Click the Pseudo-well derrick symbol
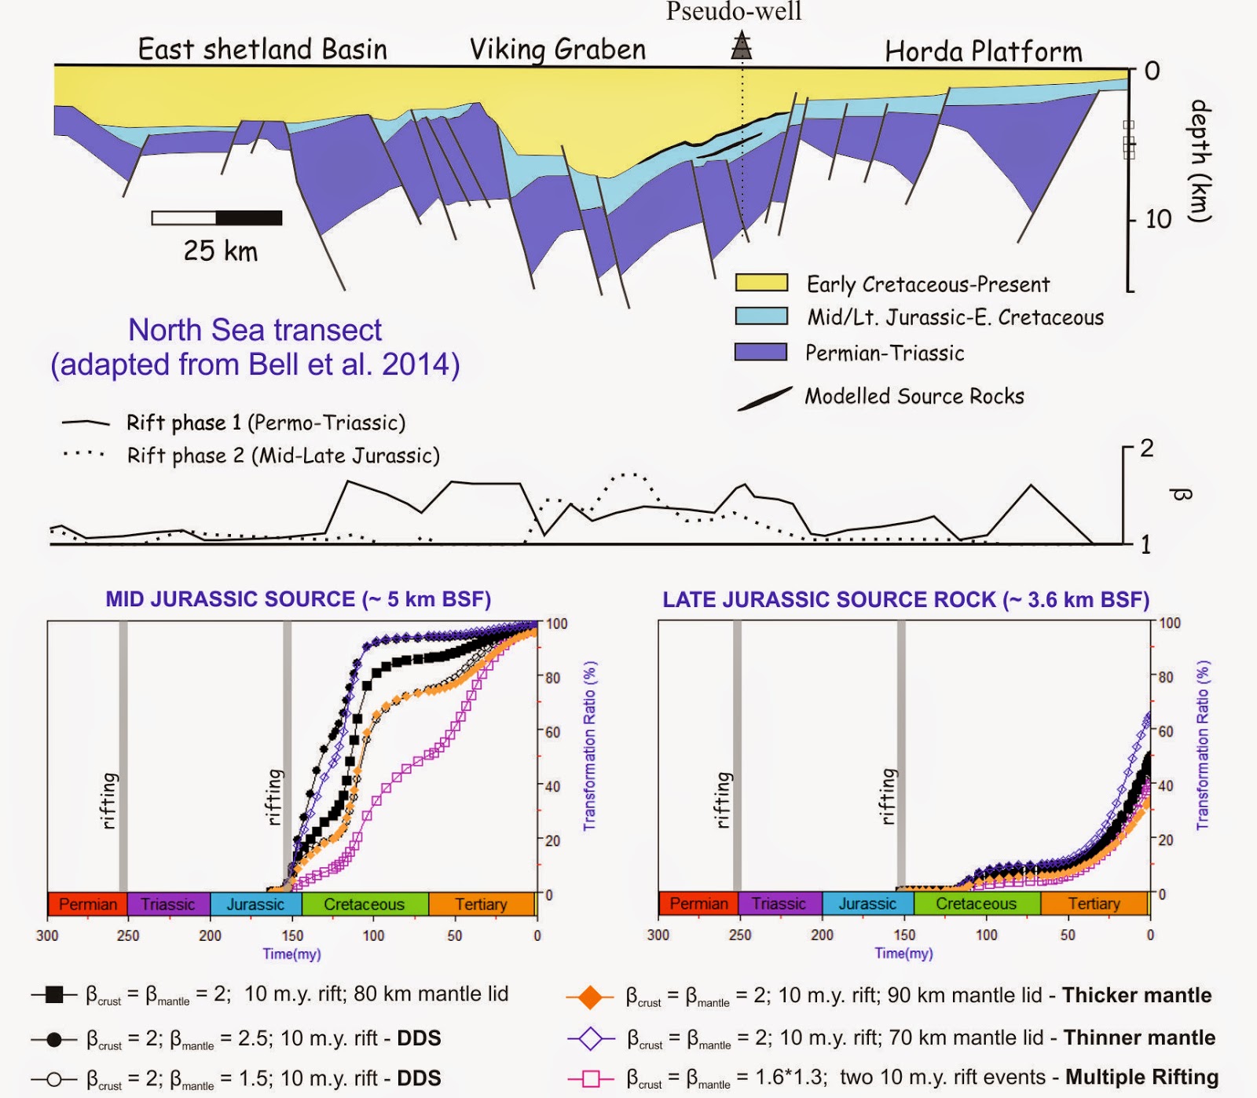741,46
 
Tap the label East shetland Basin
262,49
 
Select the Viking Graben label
557,49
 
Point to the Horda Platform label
983,52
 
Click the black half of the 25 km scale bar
249,218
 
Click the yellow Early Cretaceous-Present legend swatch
761,283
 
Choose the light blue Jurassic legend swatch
761,316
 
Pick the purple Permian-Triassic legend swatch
761,351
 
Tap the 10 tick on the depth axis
1158,219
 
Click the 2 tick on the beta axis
1146,448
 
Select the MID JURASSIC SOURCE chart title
299,599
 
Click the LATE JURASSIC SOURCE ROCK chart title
906,600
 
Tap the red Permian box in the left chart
87,904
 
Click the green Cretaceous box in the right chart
977,903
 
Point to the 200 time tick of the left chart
210,935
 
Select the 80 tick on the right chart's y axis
1167,677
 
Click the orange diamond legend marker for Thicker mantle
589,997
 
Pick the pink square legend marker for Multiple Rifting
591,1078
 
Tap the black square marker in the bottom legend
54,994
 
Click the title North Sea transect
255,330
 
